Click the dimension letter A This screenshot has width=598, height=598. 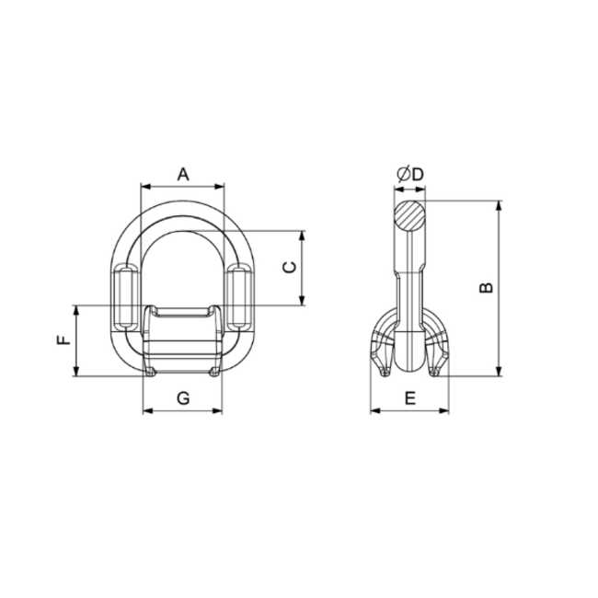click(182, 172)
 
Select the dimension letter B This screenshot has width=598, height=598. click(488, 286)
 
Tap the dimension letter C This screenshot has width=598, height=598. click(289, 267)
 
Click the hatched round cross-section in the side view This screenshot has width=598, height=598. click(410, 218)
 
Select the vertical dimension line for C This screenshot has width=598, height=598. click(303, 268)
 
